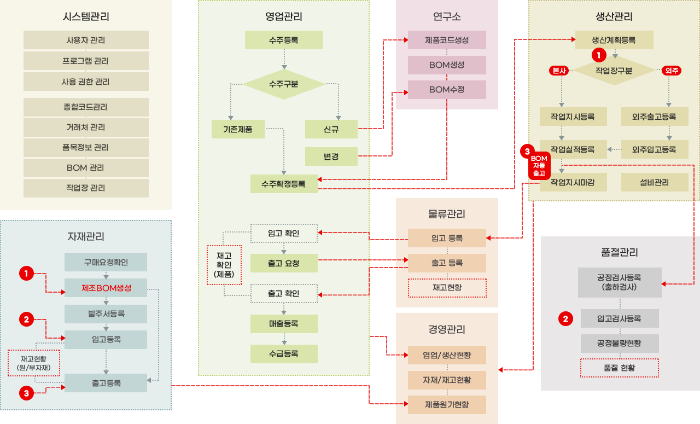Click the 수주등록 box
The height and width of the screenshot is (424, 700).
(284, 40)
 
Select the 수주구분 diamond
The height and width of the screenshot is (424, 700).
(284, 84)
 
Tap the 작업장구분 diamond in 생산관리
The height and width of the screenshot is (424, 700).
(614, 71)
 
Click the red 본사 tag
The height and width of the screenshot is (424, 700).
(559, 71)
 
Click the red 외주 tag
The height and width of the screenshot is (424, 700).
(671, 71)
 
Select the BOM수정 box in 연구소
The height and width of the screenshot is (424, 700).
(447, 89)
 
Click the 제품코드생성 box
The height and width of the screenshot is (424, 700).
(447, 40)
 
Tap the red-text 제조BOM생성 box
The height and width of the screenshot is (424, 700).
(106, 288)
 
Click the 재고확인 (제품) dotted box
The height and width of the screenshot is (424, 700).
(224, 264)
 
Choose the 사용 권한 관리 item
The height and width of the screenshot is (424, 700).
(86, 82)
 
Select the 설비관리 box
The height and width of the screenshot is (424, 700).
(655, 182)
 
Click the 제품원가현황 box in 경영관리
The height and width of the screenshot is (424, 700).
(447, 405)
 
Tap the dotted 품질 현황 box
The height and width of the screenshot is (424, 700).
(620, 368)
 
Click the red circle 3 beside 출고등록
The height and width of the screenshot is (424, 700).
(27, 392)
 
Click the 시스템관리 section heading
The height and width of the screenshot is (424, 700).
(86, 17)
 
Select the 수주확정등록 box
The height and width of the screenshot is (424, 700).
(284, 183)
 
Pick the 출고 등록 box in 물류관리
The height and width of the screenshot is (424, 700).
(447, 263)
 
